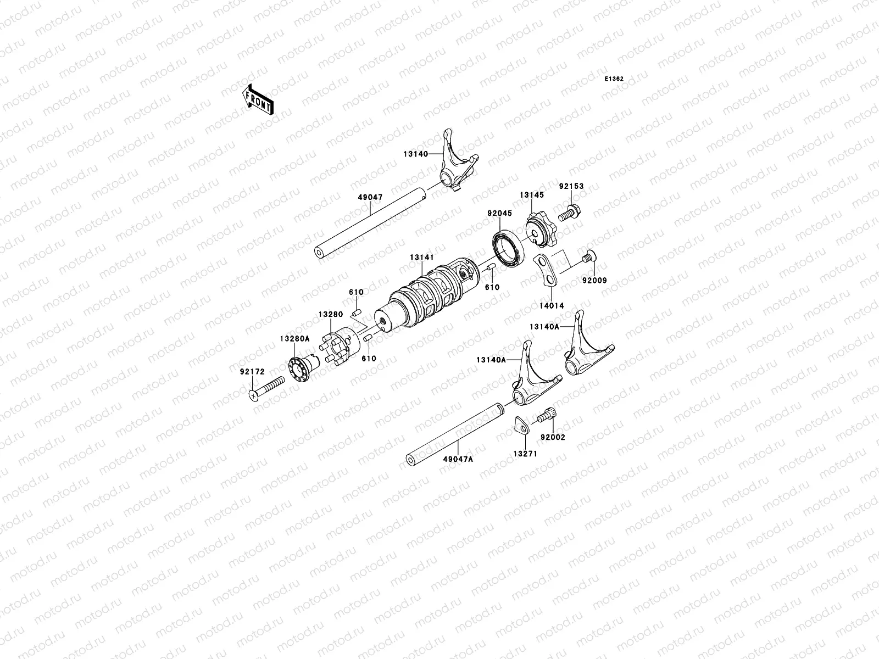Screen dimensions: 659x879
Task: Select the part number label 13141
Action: coord(422,257)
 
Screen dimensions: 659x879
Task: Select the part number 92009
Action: coord(594,281)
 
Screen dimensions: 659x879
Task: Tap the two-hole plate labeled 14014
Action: coord(547,270)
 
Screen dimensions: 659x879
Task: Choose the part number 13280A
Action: coord(294,339)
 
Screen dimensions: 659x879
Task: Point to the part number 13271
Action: coord(525,454)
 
